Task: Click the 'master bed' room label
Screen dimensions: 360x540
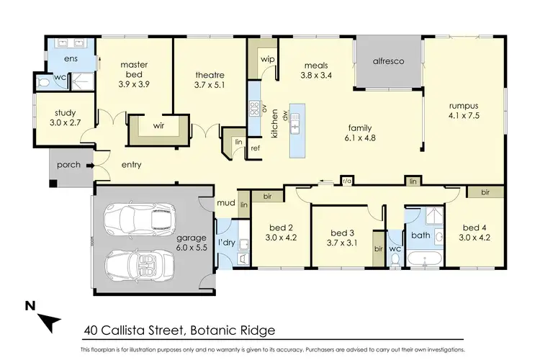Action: [x=134, y=69]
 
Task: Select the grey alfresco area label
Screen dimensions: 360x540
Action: [x=388, y=62]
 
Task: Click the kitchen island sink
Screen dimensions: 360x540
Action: [x=295, y=128]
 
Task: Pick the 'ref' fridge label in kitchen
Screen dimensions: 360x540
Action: [x=255, y=148]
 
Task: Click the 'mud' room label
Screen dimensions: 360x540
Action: [x=226, y=203]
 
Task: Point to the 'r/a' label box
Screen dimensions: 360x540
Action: [x=347, y=181]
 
